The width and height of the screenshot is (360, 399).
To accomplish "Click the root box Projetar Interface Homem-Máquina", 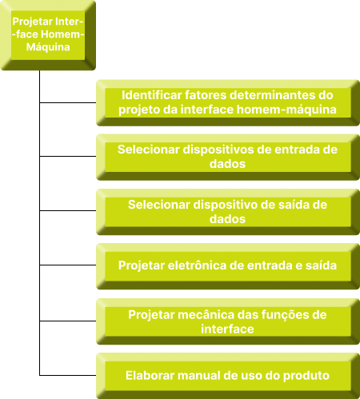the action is tap(48, 35).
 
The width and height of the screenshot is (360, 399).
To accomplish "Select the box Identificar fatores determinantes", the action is tap(228, 102).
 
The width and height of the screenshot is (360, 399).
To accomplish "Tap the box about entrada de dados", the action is tap(228, 158).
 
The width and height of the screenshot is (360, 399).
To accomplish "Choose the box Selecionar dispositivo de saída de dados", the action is tap(228, 212).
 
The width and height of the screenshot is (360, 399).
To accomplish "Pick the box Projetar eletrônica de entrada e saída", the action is tap(228, 266).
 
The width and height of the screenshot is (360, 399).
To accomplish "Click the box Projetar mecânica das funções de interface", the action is tap(228, 321).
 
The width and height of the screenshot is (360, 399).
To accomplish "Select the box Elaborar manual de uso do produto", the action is tap(228, 376).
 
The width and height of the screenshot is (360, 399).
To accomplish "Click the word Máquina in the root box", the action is tap(48, 47).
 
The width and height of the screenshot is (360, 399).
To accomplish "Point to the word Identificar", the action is tap(152, 95).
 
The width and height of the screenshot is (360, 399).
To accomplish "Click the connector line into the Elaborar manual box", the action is tap(68, 375).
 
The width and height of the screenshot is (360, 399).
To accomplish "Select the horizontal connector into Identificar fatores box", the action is tap(68, 102).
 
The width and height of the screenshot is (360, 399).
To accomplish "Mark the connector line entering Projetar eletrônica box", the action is tap(68, 265).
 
